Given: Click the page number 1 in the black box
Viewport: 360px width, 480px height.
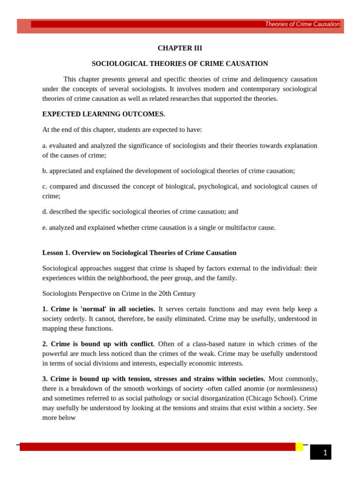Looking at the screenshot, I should (x=325, y=453).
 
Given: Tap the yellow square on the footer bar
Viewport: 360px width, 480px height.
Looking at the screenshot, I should (x=299, y=447).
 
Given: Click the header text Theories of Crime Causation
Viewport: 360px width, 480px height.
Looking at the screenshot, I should (x=302, y=24).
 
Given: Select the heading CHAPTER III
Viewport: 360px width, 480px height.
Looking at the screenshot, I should (x=180, y=48).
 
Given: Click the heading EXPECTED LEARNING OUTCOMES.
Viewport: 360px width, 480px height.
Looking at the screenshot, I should (x=104, y=114).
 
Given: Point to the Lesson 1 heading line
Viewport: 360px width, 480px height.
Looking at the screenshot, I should (x=139, y=253).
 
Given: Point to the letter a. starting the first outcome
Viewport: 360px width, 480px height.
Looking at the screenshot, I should (x=45, y=145).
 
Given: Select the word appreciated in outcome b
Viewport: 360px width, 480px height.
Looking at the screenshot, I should (x=67, y=171).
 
